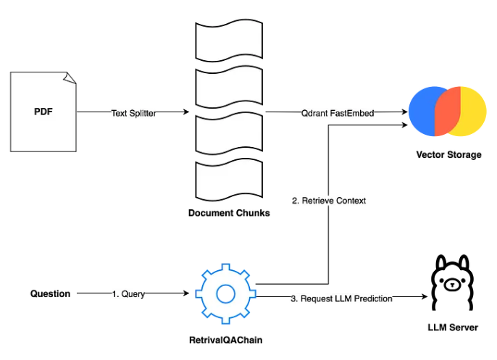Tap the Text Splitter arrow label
coord(134,113)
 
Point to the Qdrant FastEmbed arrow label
coord(334,113)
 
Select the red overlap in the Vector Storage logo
coord(446,112)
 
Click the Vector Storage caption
coord(448,155)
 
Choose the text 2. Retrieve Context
coord(328,201)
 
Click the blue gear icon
coord(225,293)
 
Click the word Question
coord(50,293)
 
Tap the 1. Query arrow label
coord(128,294)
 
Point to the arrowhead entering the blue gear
coord(188,293)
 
